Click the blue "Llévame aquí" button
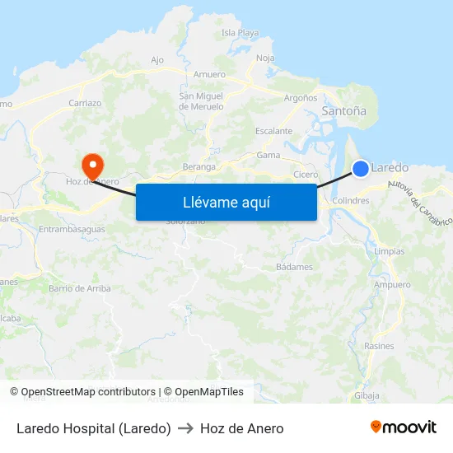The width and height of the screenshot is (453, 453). (226, 202)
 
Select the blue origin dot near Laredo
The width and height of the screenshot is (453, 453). (361, 169)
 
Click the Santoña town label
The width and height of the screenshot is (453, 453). (343, 110)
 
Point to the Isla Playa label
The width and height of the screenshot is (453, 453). (241, 34)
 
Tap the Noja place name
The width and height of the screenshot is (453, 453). (265, 58)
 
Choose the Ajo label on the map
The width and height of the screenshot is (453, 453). (157, 60)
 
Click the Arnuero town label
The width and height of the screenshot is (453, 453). (209, 75)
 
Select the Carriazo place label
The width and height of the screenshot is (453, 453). (86, 104)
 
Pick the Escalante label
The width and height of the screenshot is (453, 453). (273, 131)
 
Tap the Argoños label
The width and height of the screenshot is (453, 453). (300, 98)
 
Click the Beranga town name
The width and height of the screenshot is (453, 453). (199, 166)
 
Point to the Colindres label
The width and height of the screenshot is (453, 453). (352, 200)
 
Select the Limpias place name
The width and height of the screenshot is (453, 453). (389, 251)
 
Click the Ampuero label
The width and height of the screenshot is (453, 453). (392, 285)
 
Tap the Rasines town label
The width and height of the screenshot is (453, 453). (379, 346)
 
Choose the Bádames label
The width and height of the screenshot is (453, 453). (294, 267)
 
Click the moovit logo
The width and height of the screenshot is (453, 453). (404, 427)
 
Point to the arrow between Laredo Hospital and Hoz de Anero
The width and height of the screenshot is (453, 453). (185, 428)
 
